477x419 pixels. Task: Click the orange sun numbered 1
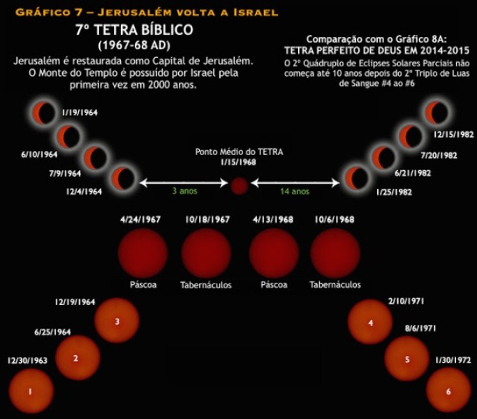click(x=30, y=390)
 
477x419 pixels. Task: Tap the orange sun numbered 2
click(x=76, y=358)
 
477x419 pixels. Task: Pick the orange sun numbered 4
click(x=370, y=322)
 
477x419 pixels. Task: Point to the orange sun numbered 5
click(x=406, y=359)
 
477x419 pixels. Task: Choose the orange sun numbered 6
click(x=448, y=390)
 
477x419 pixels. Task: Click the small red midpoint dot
click(x=240, y=185)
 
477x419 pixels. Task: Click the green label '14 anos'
click(x=295, y=191)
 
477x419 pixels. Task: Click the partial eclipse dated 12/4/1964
click(x=123, y=178)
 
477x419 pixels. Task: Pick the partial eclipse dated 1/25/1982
click(x=355, y=178)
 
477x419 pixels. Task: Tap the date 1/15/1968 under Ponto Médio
click(x=239, y=163)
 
